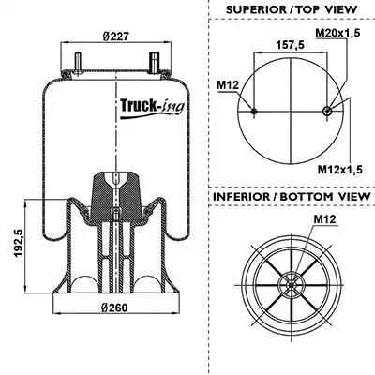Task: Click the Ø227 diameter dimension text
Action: coord(115,37)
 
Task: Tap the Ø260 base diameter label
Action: coord(114,307)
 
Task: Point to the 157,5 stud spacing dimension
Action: coord(290,45)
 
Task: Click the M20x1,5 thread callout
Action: coord(337,33)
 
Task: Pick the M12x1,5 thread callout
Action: coord(340,170)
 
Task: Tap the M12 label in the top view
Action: coord(228,84)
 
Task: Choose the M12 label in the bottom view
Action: coord(325,219)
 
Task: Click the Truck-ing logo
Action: coord(152,108)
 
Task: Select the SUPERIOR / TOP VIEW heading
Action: coord(292,9)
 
